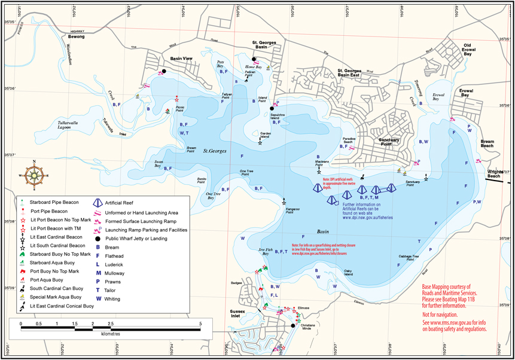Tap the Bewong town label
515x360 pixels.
76,36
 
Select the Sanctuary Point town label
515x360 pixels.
377,141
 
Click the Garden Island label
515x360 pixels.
266,135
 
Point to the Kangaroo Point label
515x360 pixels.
292,209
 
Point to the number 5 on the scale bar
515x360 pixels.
200,324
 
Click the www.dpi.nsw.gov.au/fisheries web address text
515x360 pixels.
367,218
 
